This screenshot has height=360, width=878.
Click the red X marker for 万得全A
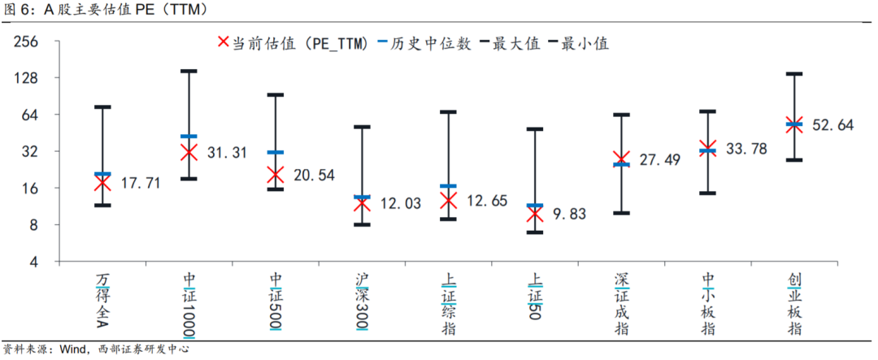[x=102, y=183]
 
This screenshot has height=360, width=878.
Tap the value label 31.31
[x=227, y=152]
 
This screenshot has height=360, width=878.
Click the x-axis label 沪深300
[x=362, y=301]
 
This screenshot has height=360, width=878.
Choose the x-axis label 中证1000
[x=189, y=305]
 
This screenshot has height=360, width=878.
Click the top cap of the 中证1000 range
[x=189, y=72]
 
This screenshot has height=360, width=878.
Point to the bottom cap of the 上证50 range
[x=534, y=232]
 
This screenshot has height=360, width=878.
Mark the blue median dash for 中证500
[x=276, y=152]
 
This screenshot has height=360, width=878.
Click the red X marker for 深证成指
[x=621, y=159]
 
